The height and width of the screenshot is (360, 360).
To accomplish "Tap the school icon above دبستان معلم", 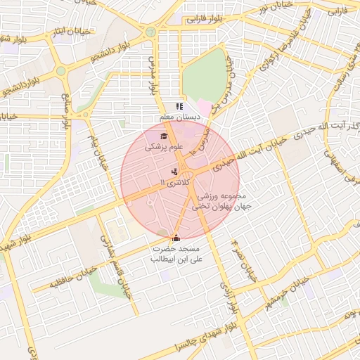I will pos(179,106).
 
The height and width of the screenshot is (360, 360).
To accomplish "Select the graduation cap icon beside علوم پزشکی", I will pos(163,136).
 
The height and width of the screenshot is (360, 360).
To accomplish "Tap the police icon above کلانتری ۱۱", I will pos(174,172).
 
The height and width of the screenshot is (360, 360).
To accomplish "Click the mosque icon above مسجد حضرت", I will pos(175,238).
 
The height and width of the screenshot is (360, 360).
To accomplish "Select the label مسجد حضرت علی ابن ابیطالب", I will pos(176,255).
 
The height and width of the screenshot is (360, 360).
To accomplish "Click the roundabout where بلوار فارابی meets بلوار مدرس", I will pos(150,32).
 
